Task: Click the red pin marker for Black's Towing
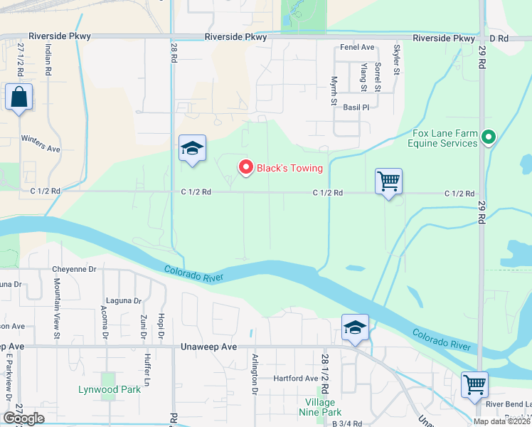[x=246, y=167]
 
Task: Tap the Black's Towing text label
[x=289, y=169]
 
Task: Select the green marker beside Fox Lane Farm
[x=488, y=137]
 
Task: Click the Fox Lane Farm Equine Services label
[x=445, y=138]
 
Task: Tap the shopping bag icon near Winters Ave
[x=18, y=97]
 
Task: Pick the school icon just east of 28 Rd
[x=192, y=149]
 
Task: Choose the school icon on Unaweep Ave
[x=355, y=328]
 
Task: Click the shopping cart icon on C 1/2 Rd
[x=388, y=181]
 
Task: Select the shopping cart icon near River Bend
[x=474, y=385]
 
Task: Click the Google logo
[x=24, y=418]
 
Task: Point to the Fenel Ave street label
[x=357, y=48]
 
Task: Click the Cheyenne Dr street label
[x=74, y=270]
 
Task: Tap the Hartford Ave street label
[x=296, y=379]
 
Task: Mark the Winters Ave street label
[x=41, y=144]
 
